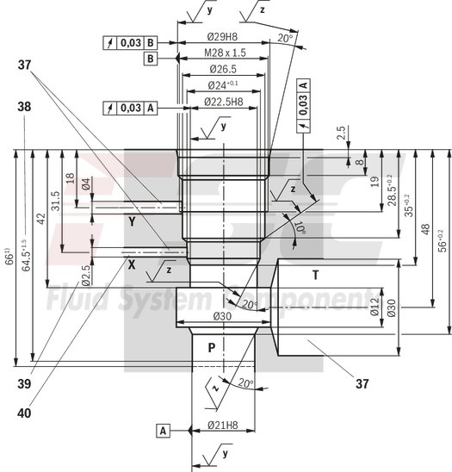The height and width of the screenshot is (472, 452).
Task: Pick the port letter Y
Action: (132, 221)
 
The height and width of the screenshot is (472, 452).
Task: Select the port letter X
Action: (132, 264)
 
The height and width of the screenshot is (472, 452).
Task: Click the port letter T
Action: (316, 275)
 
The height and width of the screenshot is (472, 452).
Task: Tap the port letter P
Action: (212, 347)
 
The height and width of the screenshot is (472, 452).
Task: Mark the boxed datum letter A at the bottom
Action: (163, 428)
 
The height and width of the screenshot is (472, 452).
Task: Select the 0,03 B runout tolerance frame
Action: (131, 42)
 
